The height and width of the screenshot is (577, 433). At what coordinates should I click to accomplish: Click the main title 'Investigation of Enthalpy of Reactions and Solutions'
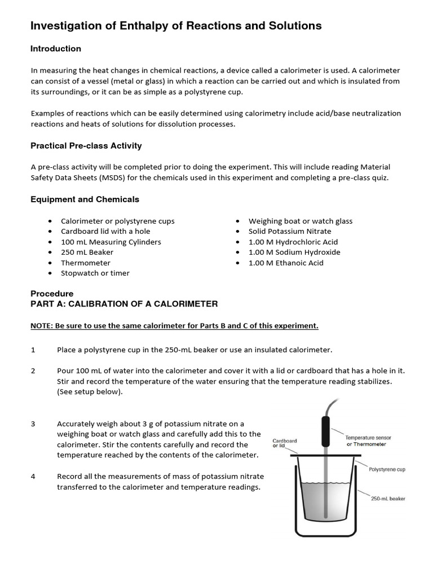pyautogui.click(x=175, y=26)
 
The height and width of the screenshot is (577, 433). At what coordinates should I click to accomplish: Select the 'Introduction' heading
pyautogui.click(x=55, y=49)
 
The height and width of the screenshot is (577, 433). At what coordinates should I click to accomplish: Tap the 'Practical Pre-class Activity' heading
pyautogui.click(x=86, y=146)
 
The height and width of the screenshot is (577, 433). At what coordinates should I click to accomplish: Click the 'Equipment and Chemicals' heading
pyautogui.click(x=85, y=199)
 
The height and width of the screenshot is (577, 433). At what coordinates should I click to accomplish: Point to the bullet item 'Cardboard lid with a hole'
pyautogui.click(x=105, y=231)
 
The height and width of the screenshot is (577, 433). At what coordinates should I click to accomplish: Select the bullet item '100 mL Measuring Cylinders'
pyautogui.click(x=111, y=242)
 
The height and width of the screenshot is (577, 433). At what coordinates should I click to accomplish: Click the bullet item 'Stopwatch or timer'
pyautogui.click(x=95, y=273)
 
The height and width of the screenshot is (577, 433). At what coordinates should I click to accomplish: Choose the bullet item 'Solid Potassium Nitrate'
pyautogui.click(x=289, y=231)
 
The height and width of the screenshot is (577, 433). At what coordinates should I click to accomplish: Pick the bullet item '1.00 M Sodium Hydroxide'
pyautogui.click(x=294, y=252)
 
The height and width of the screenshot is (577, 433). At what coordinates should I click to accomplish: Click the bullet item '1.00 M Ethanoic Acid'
pyautogui.click(x=286, y=263)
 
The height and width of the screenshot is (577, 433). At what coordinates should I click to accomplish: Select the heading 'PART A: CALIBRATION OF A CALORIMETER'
pyautogui.click(x=123, y=304)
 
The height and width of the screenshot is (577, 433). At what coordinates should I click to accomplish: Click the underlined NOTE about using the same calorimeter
pyautogui.click(x=174, y=326)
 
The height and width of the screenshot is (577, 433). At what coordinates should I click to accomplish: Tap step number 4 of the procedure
pyautogui.click(x=33, y=476)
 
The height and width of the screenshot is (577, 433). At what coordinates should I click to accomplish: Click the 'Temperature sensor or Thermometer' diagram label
pyautogui.click(x=368, y=441)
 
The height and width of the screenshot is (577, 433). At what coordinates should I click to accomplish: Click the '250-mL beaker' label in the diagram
pyautogui.click(x=388, y=499)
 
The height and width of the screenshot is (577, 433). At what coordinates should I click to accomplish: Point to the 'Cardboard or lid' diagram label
pyautogui.click(x=285, y=443)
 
